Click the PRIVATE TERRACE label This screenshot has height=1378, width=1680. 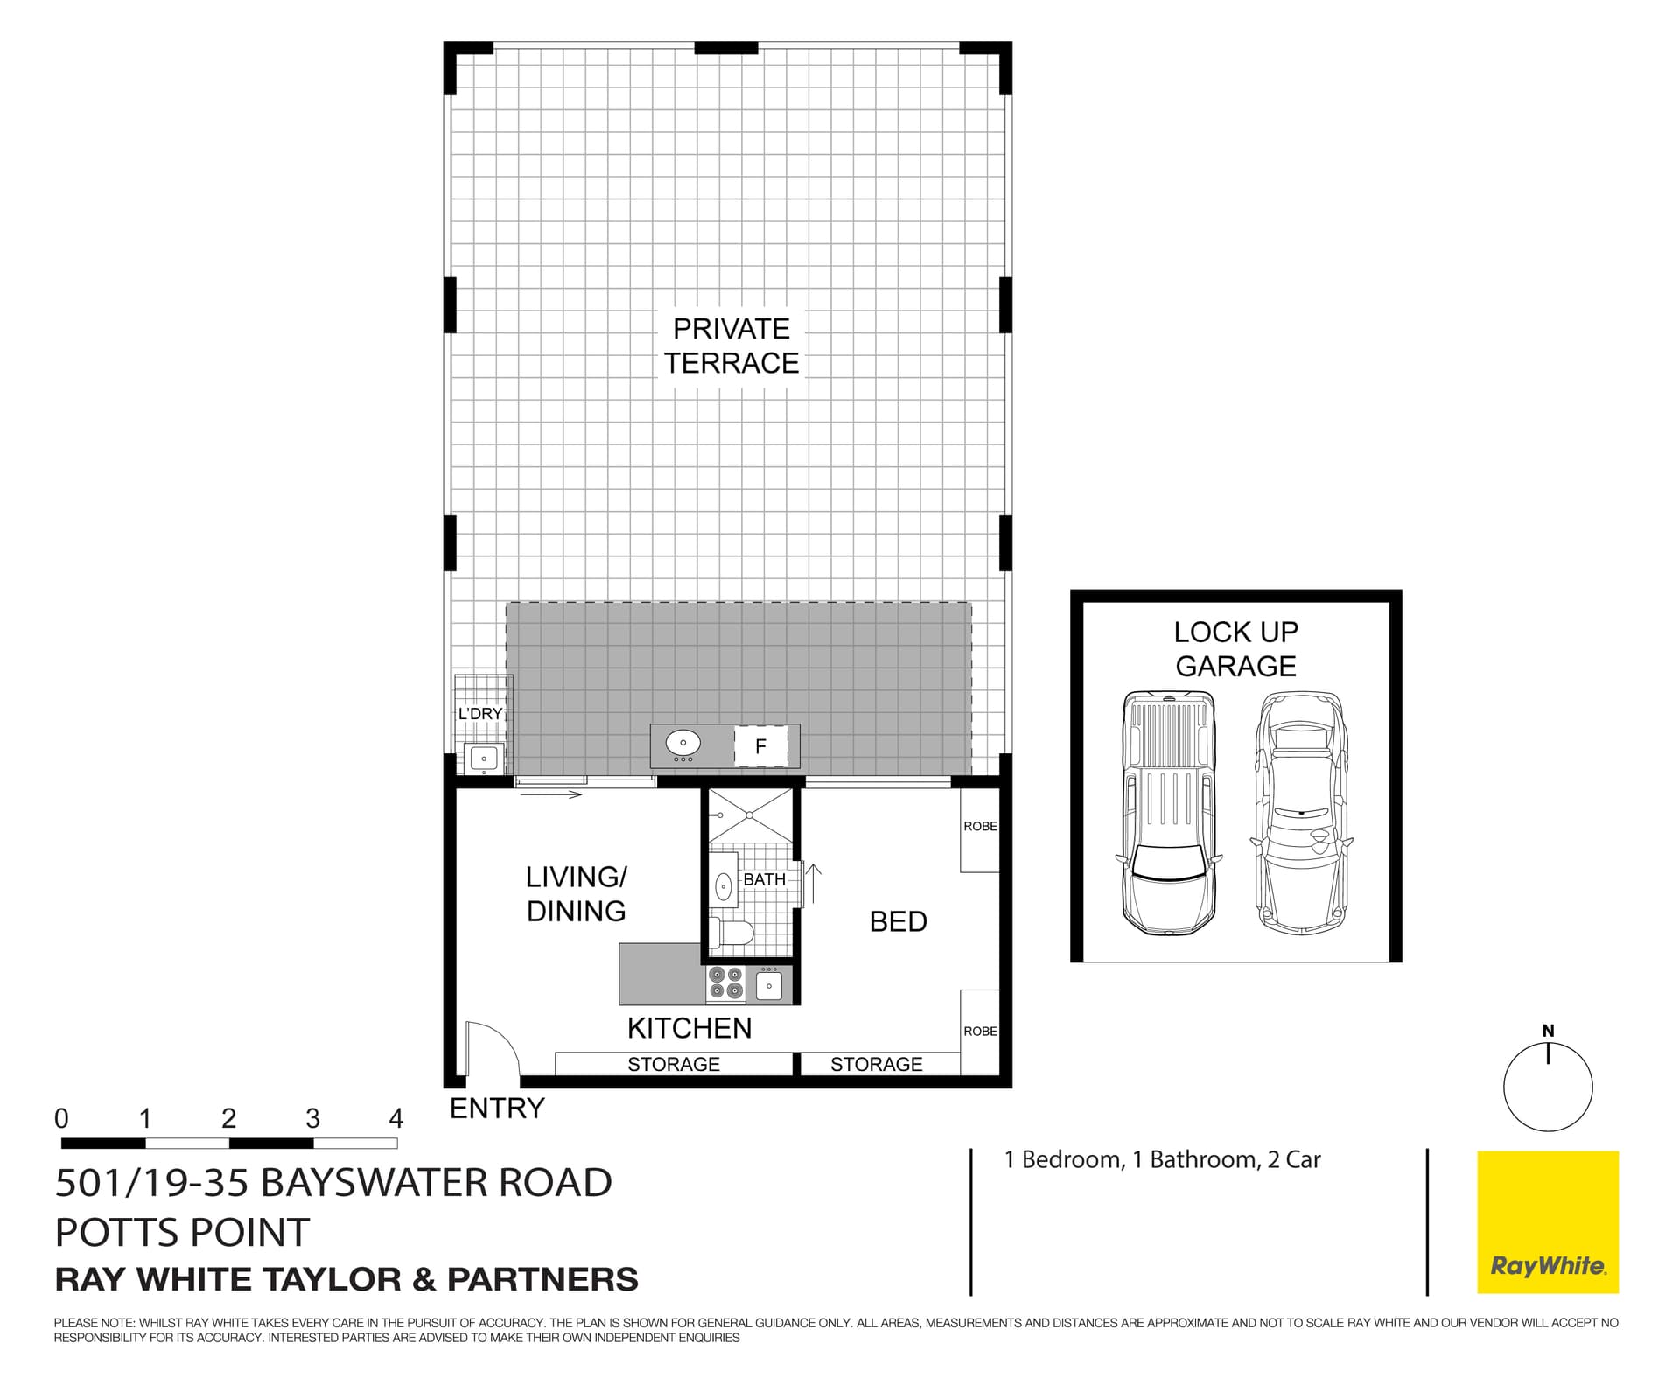(x=731, y=346)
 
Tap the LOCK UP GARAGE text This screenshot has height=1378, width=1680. (x=1235, y=648)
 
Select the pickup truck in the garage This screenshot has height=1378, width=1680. (x=1168, y=812)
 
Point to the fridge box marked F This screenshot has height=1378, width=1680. (x=759, y=746)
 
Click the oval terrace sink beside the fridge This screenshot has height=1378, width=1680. (x=682, y=744)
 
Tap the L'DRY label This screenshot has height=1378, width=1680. (x=480, y=713)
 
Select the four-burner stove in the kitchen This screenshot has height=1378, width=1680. (x=725, y=982)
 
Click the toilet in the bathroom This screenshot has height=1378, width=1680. (x=731, y=934)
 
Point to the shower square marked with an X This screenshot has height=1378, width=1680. (x=750, y=815)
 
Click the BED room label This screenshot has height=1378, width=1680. (x=898, y=921)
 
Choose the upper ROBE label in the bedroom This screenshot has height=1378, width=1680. (x=980, y=826)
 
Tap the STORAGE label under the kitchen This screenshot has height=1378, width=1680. (x=673, y=1064)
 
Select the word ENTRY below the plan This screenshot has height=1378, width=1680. (x=496, y=1108)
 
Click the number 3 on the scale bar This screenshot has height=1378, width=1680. (x=312, y=1118)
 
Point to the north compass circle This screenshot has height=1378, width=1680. (x=1547, y=1088)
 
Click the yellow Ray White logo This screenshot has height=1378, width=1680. (x=1547, y=1221)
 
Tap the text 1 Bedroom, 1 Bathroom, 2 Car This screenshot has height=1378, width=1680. (x=1162, y=1159)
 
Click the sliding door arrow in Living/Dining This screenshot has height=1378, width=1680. (x=550, y=794)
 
